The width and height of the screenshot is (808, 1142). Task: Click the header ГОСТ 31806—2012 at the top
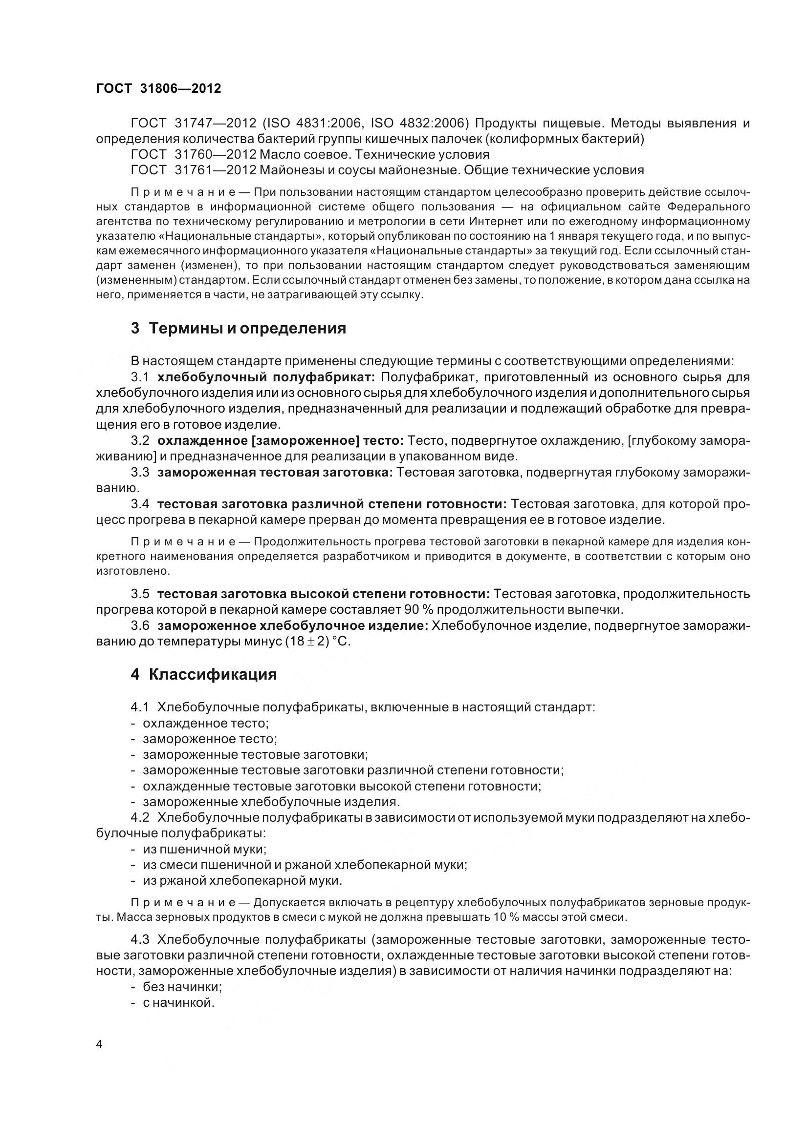tap(158, 88)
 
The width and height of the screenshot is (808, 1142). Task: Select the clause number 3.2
tap(140, 441)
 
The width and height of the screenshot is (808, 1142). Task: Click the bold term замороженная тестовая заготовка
tap(275, 473)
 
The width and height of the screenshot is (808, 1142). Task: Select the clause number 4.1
tap(140, 707)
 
